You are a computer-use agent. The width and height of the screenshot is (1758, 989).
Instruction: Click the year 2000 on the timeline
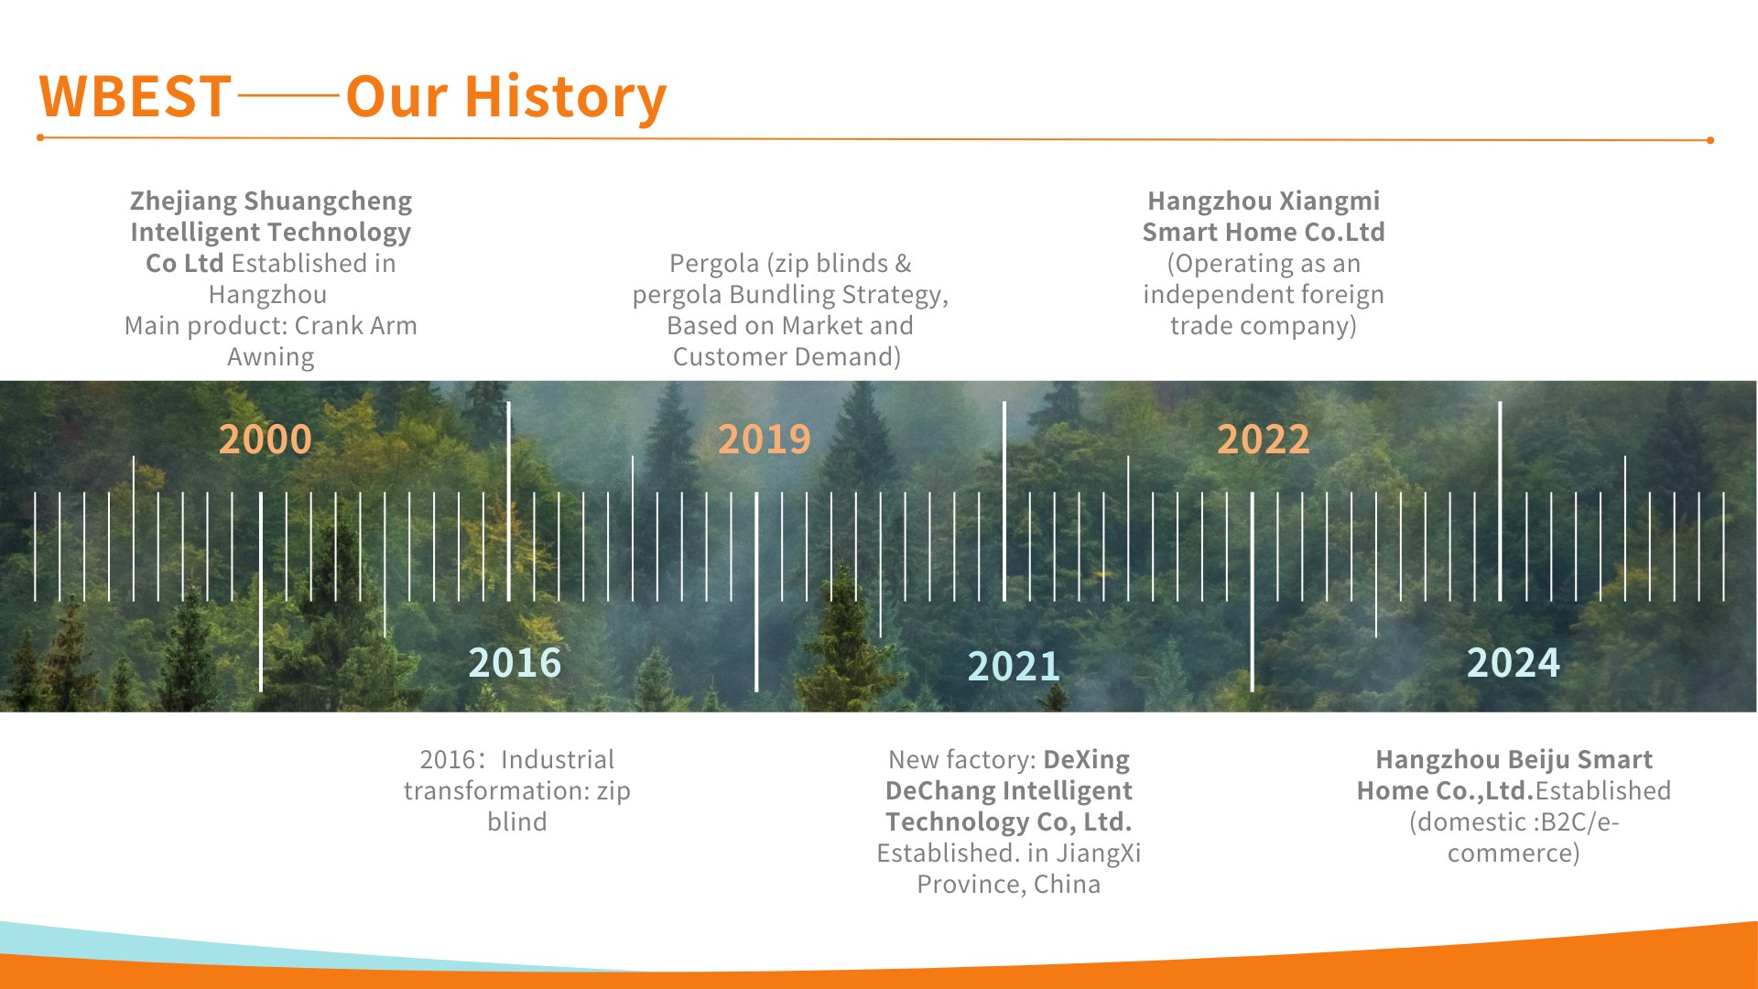point(265,440)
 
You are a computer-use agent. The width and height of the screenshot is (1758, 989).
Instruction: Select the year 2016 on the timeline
point(515,663)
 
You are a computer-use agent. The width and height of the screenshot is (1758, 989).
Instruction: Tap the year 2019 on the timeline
point(764,440)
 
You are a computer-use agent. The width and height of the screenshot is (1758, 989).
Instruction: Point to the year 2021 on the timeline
point(1014,667)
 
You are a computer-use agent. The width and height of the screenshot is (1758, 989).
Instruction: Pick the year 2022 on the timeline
point(1263,440)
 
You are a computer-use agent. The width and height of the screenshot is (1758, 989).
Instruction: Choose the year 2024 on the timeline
point(1513,663)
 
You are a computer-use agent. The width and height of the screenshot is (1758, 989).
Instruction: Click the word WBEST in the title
point(135,96)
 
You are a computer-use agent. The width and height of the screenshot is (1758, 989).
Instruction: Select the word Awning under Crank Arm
point(271,357)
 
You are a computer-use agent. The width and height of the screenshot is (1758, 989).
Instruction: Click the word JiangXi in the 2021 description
point(1099,853)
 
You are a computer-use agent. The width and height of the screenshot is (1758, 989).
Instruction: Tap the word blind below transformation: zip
point(517,822)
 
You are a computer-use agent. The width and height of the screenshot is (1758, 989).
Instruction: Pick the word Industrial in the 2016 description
point(558,760)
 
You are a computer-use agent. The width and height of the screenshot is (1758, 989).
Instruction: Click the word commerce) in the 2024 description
point(1514,853)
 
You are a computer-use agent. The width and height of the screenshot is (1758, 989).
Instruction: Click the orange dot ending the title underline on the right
point(1709,140)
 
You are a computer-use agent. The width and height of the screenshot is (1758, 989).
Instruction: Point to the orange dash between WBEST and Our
point(288,94)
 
